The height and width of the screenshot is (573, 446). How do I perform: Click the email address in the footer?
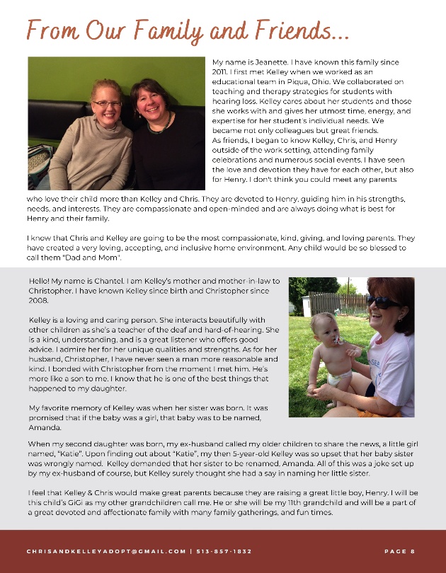(x=106, y=551)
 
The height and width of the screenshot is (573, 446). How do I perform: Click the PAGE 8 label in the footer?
(x=399, y=551)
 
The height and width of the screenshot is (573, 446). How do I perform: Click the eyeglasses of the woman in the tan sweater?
(x=107, y=103)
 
